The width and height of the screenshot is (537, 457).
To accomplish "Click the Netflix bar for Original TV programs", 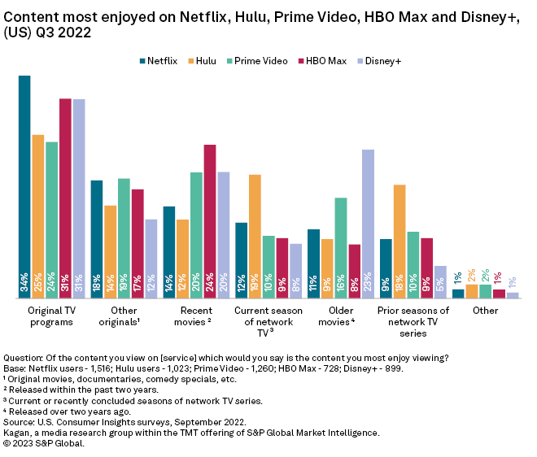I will coord(24,187).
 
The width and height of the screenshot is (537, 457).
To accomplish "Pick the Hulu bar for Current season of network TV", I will coord(255,236).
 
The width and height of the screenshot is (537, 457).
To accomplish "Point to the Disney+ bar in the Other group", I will coord(513,295).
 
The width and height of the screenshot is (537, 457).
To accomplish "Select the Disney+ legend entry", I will coord(381,61).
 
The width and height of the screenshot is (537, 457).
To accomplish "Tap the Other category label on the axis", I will coord(486,311).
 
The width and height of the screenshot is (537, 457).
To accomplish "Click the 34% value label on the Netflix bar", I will coord(24,282).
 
